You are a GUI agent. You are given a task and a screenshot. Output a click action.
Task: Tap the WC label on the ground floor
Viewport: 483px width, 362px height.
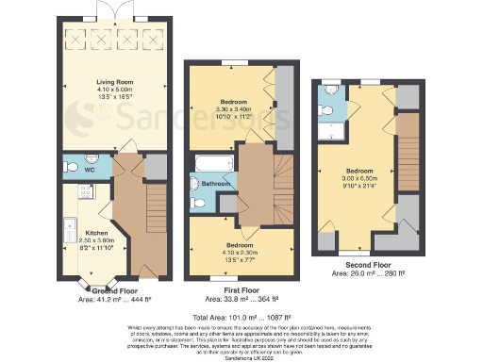(88, 171)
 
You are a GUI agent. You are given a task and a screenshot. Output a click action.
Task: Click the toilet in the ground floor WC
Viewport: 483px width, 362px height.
(72, 167)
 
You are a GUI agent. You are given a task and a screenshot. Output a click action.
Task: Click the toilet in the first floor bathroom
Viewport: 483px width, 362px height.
(197, 202)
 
